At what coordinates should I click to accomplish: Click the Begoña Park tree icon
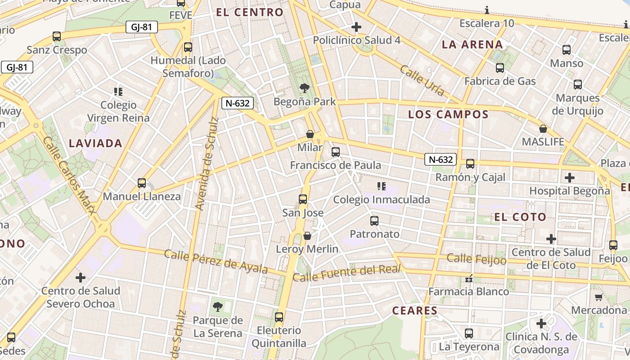click(305, 88)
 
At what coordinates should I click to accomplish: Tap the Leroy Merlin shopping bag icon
click(307, 236)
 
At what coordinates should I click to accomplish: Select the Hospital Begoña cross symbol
click(570, 177)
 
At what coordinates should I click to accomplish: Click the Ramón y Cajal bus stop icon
click(470, 164)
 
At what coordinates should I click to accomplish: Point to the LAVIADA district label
click(95, 144)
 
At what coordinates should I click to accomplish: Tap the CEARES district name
click(414, 310)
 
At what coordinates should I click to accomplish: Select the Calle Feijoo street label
click(477, 259)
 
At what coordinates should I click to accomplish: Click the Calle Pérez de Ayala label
click(216, 261)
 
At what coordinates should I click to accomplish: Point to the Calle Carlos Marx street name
click(69, 175)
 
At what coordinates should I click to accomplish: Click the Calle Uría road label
click(422, 81)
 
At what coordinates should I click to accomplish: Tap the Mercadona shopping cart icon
click(598, 297)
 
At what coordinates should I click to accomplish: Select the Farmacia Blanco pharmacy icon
click(469, 279)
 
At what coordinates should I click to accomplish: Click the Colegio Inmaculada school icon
click(382, 186)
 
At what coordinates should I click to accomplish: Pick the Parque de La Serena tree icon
click(217, 307)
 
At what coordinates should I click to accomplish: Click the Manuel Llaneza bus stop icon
click(142, 183)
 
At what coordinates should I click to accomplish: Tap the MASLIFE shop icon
click(543, 129)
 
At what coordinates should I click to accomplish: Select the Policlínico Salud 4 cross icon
click(356, 27)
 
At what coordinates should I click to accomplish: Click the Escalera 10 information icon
click(487, 10)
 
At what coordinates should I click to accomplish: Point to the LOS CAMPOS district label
click(448, 114)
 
